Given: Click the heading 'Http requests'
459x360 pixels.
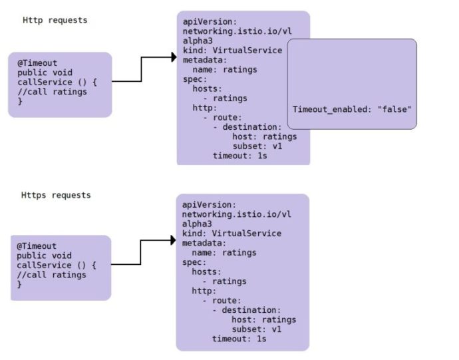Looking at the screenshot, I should point(55,20).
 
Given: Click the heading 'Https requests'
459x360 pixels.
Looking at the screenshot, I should point(56,195).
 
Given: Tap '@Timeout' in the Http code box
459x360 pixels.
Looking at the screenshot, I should point(37,63).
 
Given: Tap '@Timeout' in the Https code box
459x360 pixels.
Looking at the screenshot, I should point(37,246).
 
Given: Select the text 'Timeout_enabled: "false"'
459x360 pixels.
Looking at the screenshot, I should point(353,108).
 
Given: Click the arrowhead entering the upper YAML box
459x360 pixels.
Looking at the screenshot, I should point(172,58).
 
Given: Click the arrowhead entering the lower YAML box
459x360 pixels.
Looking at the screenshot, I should point(172,241).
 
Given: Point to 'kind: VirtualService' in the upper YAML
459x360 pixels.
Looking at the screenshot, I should point(232,50).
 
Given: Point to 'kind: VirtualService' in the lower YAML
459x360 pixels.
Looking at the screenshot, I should point(232,234).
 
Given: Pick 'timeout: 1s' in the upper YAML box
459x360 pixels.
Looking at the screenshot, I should point(239,156).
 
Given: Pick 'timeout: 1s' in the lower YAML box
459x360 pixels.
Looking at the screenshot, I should point(239,339).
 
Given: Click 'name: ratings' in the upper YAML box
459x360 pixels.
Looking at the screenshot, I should point(224,69).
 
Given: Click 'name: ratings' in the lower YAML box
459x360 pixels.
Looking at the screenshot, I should point(224,253).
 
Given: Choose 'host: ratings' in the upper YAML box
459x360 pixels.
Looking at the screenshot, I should point(264,136).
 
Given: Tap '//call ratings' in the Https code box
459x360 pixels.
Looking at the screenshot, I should point(52,275).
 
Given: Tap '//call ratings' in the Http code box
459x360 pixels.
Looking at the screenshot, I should point(52,92).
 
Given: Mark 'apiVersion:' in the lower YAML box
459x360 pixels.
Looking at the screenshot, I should point(210,205).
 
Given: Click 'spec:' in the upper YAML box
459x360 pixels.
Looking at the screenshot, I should point(194,79).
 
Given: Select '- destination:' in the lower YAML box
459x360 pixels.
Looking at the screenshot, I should point(247,310).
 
